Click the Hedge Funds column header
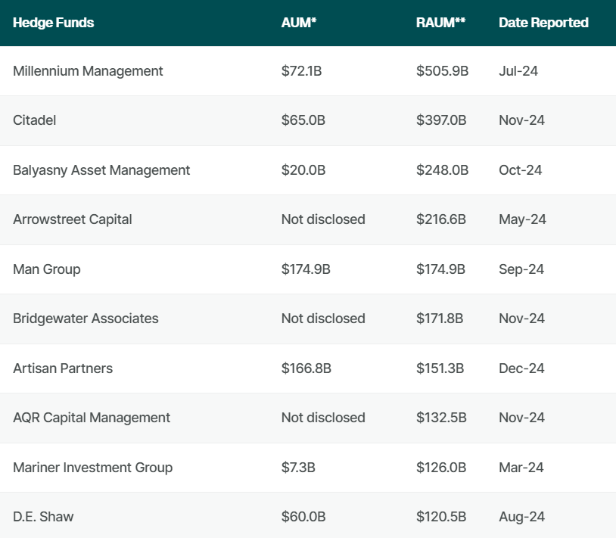tap(54, 23)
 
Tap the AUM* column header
tap(299, 23)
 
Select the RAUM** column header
tap(440, 23)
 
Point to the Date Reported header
tap(543, 23)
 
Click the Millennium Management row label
tap(88, 71)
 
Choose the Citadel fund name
tap(35, 120)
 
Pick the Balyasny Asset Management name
tap(101, 170)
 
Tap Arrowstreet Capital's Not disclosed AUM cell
tap(323, 219)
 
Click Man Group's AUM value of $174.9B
tap(306, 269)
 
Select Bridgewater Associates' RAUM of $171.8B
tap(440, 319)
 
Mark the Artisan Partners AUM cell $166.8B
tap(306, 369)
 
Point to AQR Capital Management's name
tap(92, 418)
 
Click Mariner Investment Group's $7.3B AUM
tap(299, 468)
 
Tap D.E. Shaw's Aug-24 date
tap(521, 517)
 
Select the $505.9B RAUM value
tap(443, 71)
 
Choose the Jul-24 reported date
tap(518, 71)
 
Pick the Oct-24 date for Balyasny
tap(521, 170)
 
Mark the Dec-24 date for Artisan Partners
tap(521, 369)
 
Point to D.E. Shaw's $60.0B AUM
tap(303, 517)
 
